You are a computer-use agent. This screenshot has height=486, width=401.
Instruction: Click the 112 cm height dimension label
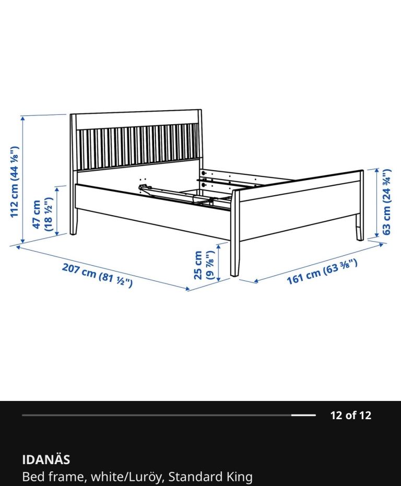tap(15, 182)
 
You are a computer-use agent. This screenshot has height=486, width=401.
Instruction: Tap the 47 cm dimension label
tap(42, 215)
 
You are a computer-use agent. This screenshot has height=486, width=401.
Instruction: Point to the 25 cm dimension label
tap(204, 265)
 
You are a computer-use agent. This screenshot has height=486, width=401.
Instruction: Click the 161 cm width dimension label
tap(322, 271)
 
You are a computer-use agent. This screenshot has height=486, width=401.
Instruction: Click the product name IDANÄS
tap(46, 459)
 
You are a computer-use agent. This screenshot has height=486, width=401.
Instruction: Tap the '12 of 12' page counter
tap(350, 416)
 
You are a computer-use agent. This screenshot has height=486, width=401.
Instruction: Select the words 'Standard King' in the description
tap(210, 477)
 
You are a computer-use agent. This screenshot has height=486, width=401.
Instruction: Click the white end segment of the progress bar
tap(303, 415)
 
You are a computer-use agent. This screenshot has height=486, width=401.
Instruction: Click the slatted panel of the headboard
tap(137, 147)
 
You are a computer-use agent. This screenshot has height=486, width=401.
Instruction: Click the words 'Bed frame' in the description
tap(53, 477)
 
